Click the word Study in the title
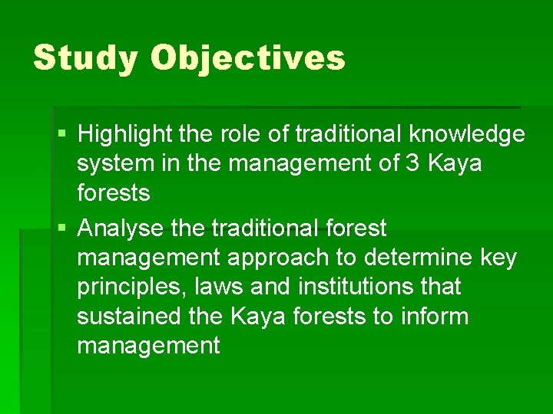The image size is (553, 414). tap(85, 58)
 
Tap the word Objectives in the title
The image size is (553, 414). tap(247, 58)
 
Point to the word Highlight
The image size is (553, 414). tap(126, 135)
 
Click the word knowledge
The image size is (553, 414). tap(466, 135)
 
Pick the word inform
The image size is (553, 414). tap(433, 317)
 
